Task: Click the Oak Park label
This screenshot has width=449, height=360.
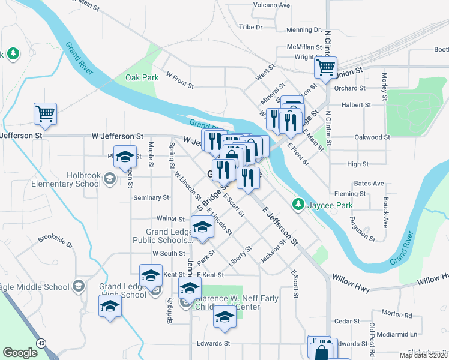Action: click(x=142, y=77)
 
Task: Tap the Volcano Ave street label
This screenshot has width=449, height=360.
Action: click(x=271, y=5)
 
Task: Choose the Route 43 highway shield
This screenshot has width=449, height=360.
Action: click(x=41, y=342)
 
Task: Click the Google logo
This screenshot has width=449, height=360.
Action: click(x=20, y=353)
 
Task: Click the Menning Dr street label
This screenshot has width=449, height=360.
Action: click(x=304, y=29)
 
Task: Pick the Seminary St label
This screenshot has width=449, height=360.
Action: click(x=151, y=197)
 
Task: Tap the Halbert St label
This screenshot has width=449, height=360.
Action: click(x=353, y=104)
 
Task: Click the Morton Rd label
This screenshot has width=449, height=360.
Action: click(x=396, y=314)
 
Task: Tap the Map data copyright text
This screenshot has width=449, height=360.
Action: click(x=424, y=355)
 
